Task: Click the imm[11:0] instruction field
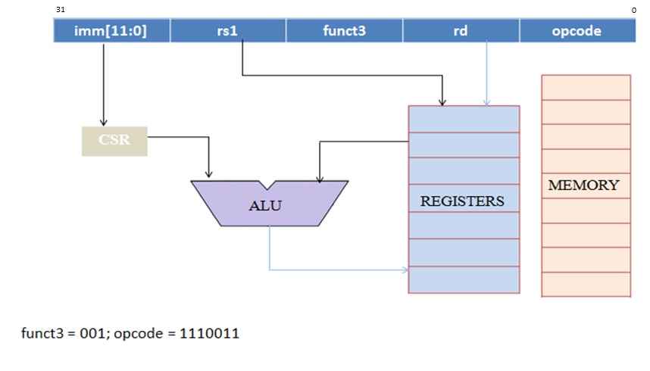(x=111, y=31)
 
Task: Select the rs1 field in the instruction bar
(x=228, y=31)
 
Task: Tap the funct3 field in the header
(x=344, y=31)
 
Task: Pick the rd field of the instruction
(x=461, y=31)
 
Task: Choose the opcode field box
(x=577, y=31)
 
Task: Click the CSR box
(x=114, y=141)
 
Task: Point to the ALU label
(x=265, y=205)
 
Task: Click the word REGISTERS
(x=462, y=201)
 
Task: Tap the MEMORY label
(x=583, y=185)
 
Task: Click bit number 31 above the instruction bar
(x=60, y=9)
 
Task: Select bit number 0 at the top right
(x=633, y=9)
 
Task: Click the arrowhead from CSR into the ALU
(x=209, y=175)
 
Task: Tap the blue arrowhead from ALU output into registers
(x=404, y=270)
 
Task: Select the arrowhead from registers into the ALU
(x=320, y=178)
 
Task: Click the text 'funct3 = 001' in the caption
(x=57, y=332)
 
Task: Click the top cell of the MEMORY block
(x=586, y=87)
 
